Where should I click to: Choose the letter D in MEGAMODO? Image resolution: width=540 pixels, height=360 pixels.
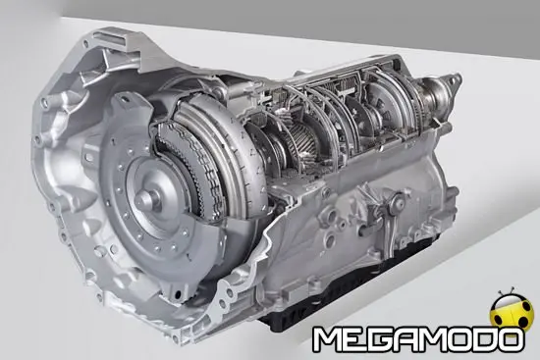[480, 339]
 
